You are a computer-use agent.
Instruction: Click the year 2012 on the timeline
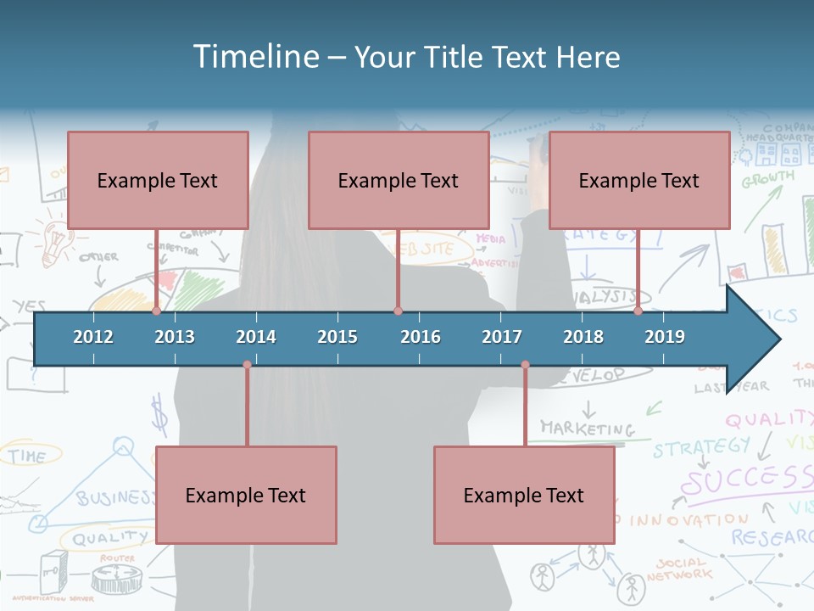click(93, 337)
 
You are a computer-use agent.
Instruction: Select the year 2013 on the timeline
click(175, 337)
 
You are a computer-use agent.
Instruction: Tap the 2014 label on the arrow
click(256, 337)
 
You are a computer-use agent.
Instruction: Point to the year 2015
click(337, 337)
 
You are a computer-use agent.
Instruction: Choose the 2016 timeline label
click(421, 337)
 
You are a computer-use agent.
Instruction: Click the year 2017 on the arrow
click(502, 337)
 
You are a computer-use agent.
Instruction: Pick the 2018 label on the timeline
click(583, 337)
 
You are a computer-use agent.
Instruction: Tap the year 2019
click(665, 337)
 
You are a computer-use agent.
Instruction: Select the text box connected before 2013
click(158, 180)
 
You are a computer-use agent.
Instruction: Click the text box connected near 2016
click(399, 180)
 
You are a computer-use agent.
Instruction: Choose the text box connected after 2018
click(639, 180)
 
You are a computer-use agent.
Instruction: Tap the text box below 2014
click(246, 495)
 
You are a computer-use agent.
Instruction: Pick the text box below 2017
click(524, 495)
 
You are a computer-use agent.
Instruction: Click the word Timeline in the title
click(254, 57)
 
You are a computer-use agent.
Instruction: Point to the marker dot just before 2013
click(157, 311)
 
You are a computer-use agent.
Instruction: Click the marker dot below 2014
click(247, 365)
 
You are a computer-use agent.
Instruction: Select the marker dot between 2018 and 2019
click(638, 311)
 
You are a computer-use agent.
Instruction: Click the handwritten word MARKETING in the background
click(588, 429)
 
